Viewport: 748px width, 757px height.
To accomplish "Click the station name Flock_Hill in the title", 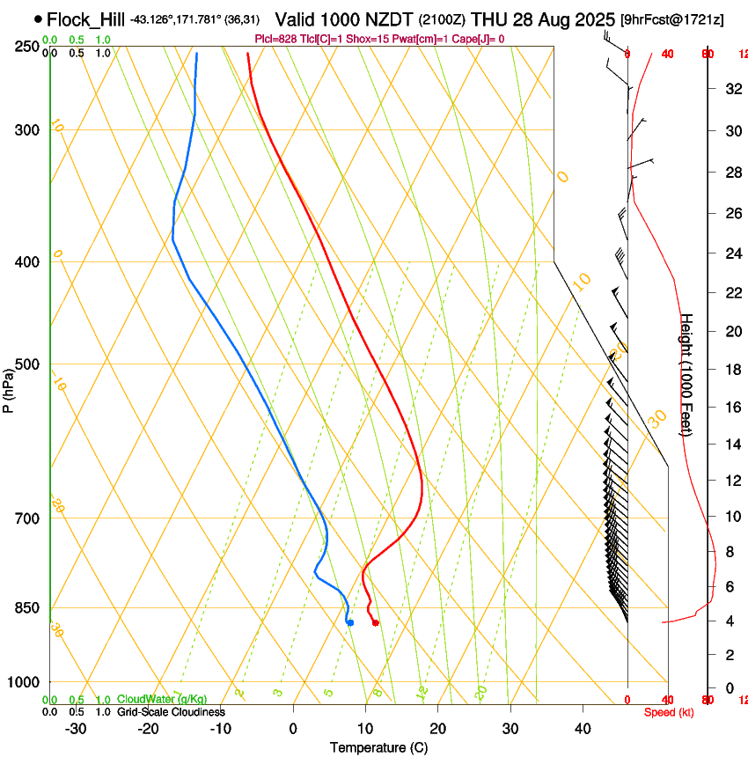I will tap(86, 18).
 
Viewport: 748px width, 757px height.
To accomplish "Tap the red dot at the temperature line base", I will tap(376, 623).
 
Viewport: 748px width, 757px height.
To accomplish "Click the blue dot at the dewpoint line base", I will tap(350, 623).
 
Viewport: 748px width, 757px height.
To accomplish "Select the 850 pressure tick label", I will tap(28, 608).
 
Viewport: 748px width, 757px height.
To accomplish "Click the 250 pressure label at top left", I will tap(28, 47).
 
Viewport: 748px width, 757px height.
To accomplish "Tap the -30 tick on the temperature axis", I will tap(76, 729).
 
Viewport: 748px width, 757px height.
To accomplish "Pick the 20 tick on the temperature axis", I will tap(437, 729).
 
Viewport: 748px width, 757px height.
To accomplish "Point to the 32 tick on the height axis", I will tap(731, 89).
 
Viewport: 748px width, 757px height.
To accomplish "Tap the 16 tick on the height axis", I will tap(731, 408).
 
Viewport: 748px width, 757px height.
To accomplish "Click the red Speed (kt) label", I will tap(669, 712).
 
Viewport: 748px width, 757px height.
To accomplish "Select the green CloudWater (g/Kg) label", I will tap(163, 700).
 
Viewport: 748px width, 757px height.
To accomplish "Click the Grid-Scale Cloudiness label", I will tap(171, 712).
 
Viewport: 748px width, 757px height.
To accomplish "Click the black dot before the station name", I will tap(38, 18).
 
